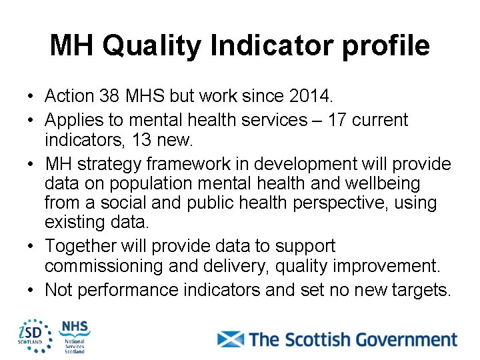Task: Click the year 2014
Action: point(311,96)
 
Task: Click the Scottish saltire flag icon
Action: point(231,339)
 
